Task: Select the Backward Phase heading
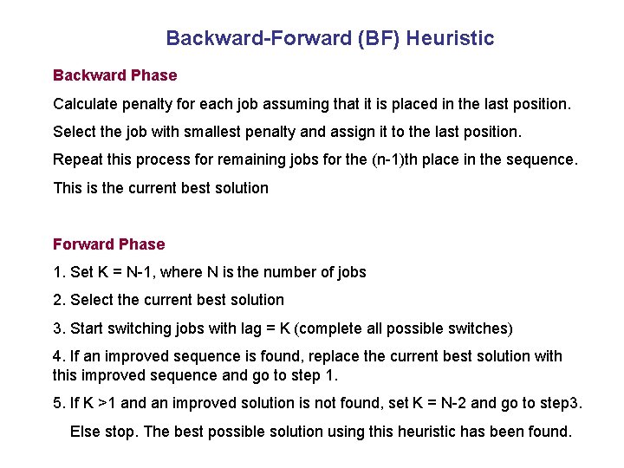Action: coord(114,76)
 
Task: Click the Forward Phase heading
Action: coord(108,244)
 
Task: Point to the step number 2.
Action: coord(58,300)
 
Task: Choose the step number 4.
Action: coord(58,356)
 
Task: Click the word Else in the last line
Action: coord(85,431)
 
